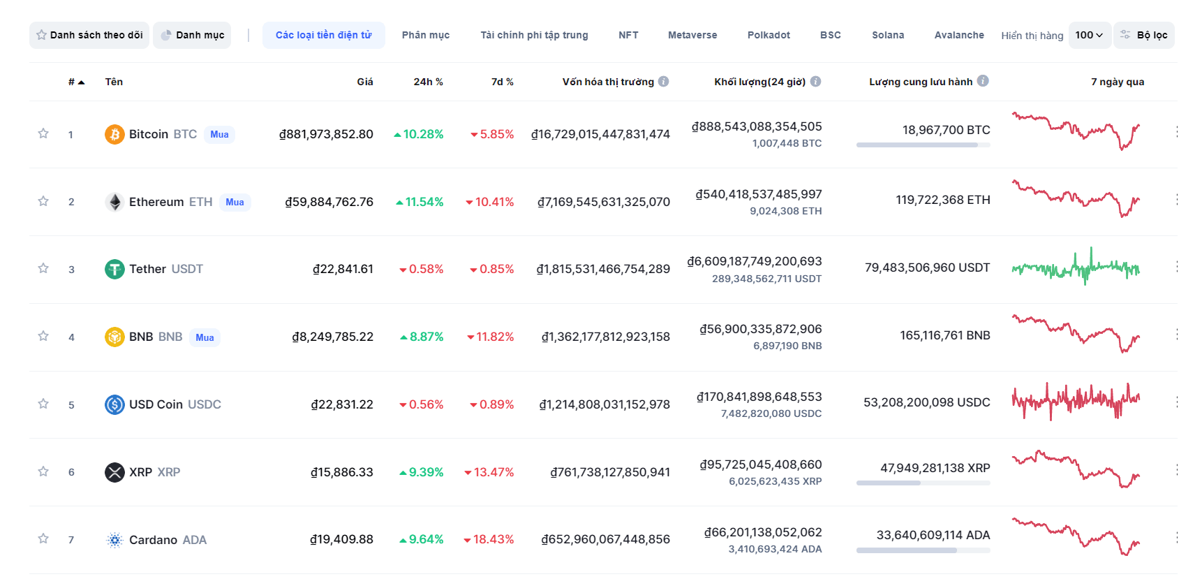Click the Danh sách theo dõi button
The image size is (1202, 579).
(x=89, y=35)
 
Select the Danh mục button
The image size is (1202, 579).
(x=193, y=35)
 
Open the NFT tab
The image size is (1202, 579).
(x=628, y=35)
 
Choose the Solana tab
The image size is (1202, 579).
(x=887, y=35)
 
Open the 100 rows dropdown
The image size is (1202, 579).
(x=1089, y=35)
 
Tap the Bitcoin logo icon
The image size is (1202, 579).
(x=114, y=134)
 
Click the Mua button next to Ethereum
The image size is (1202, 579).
(x=235, y=202)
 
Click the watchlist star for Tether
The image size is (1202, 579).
(x=43, y=268)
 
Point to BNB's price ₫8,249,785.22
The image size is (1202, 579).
(x=333, y=337)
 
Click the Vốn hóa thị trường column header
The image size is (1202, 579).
(x=608, y=82)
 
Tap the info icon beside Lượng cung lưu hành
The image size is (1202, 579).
(x=983, y=81)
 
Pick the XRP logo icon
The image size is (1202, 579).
(x=114, y=472)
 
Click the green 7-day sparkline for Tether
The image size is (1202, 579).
(x=1076, y=268)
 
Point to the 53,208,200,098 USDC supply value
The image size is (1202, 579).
(x=926, y=402)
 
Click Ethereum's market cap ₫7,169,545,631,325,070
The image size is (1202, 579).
(x=603, y=202)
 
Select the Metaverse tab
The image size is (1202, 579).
(x=692, y=35)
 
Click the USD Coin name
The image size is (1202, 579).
(x=156, y=404)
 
